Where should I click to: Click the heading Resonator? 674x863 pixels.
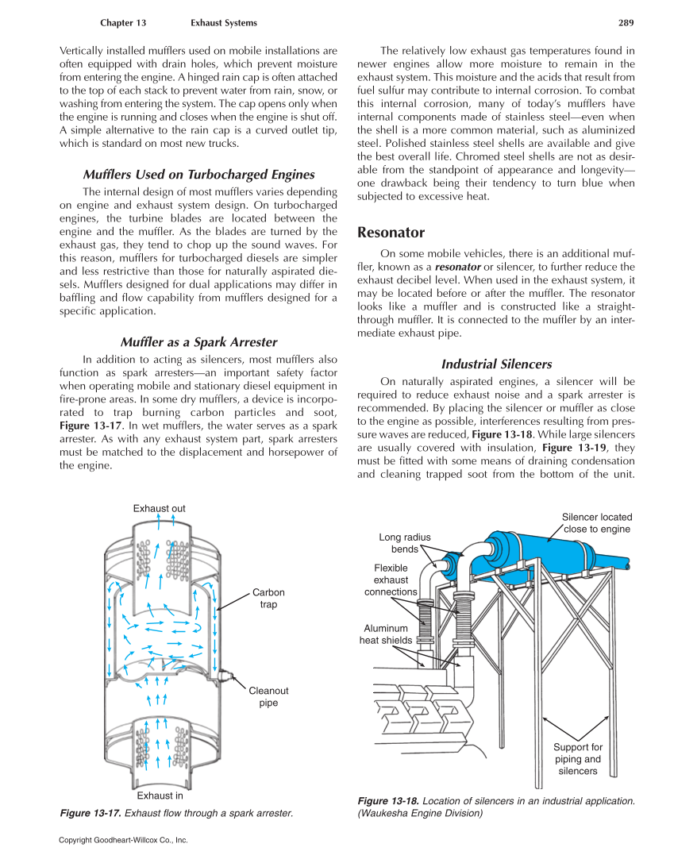pyautogui.click(x=391, y=233)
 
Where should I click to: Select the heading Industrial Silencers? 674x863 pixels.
pyautogui.click(x=496, y=364)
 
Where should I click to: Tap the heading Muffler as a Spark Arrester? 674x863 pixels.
pyautogui.click(x=198, y=342)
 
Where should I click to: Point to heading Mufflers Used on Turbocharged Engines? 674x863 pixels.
pyautogui.click(x=198, y=175)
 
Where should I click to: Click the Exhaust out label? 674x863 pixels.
pyautogui.click(x=159, y=508)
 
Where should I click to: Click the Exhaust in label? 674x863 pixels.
pyautogui.click(x=160, y=796)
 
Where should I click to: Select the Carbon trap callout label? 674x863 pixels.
pyautogui.click(x=268, y=599)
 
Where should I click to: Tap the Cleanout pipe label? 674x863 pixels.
pyautogui.click(x=268, y=696)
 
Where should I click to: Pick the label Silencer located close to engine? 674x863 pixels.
pyautogui.click(x=596, y=523)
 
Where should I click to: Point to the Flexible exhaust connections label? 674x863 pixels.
pyautogui.click(x=391, y=580)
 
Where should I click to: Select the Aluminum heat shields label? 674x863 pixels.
pyautogui.click(x=386, y=634)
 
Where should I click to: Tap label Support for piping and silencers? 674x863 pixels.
pyautogui.click(x=577, y=759)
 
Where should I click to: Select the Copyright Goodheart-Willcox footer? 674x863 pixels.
pyautogui.click(x=123, y=839)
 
